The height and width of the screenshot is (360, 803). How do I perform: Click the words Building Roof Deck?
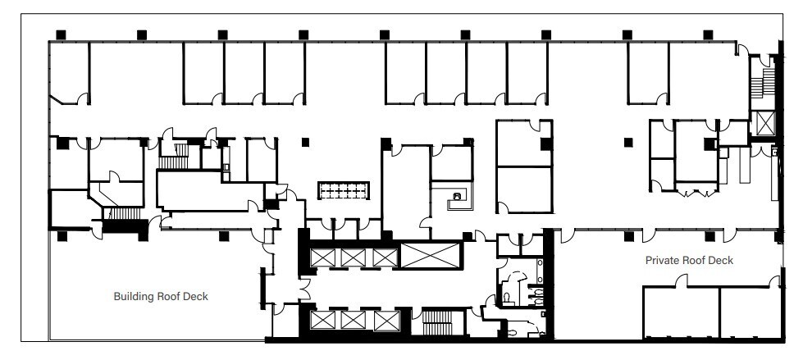[165, 297]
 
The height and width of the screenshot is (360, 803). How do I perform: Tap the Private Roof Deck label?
[689, 260]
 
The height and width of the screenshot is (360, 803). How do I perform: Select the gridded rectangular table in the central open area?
[344, 190]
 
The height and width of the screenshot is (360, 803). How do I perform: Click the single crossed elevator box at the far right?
[764, 124]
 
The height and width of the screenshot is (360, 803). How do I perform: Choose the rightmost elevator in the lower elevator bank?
[385, 320]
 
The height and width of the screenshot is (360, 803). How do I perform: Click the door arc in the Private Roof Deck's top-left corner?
[564, 236]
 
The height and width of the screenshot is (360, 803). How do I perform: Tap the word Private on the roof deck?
[661, 260]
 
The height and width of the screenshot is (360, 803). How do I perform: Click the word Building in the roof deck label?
[131, 297]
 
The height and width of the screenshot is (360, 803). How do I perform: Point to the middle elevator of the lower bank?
[353, 320]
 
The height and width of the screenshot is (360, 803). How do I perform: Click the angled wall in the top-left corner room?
[63, 100]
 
